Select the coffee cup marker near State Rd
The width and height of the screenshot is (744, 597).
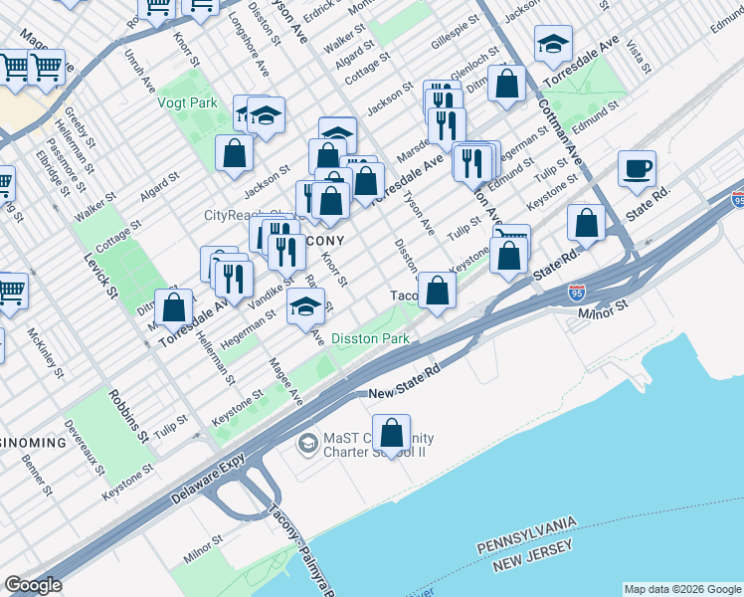pyautogui.click(x=637, y=169)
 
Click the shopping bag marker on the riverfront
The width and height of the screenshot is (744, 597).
pyautogui.click(x=393, y=433)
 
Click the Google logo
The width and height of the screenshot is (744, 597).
pyautogui.click(x=33, y=585)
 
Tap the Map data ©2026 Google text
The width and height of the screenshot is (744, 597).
pyautogui.click(x=681, y=589)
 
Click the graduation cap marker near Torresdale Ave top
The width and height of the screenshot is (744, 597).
pyautogui.click(x=553, y=43)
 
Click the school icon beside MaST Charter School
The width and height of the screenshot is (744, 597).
pyautogui.click(x=308, y=441)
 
